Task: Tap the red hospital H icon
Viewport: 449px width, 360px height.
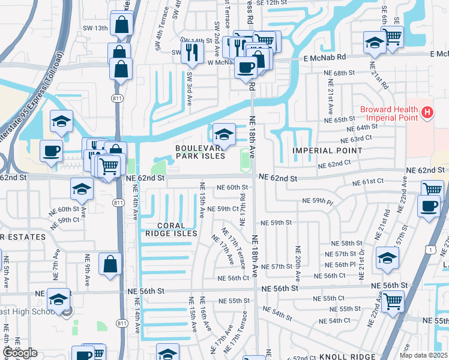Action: pos(427,112)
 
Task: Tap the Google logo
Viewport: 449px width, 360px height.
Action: pos(20,353)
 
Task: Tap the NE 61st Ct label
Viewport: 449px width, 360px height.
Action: pos(368,181)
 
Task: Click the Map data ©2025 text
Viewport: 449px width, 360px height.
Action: pos(424,355)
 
